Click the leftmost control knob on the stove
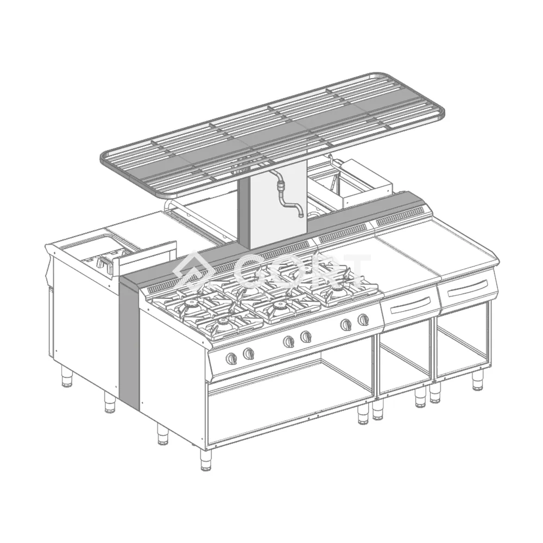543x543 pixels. [x=232, y=358]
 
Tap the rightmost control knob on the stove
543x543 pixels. [x=363, y=319]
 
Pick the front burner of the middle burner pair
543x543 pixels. [x=280, y=308]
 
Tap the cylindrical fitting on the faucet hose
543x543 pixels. [x=280, y=185]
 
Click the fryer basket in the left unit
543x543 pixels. [x=106, y=262]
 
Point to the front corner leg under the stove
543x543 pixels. [x=205, y=459]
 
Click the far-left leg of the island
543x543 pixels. [x=67, y=376]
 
